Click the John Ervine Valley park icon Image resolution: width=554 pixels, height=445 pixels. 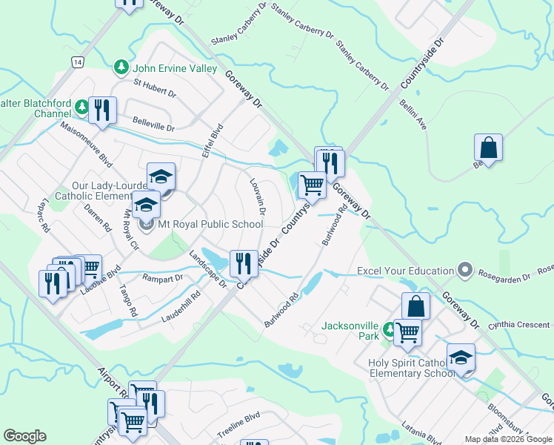pyautogui.click(x=121, y=68)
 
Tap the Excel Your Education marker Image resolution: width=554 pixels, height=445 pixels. pyautogui.click(x=465, y=271)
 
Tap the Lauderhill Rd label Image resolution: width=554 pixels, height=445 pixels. pyautogui.click(x=181, y=308)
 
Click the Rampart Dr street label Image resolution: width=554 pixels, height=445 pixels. pyautogui.click(x=164, y=278)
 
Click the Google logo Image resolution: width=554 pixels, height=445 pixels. pyautogui.click(x=24, y=436)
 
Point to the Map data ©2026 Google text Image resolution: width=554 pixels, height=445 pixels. pyautogui.click(x=507, y=439)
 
